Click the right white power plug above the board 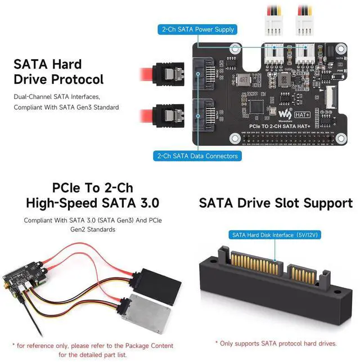pyautogui.click(x=307, y=25)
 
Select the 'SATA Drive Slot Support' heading pyautogui.click(x=276, y=203)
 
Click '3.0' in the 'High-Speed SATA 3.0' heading pyautogui.click(x=144, y=203)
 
